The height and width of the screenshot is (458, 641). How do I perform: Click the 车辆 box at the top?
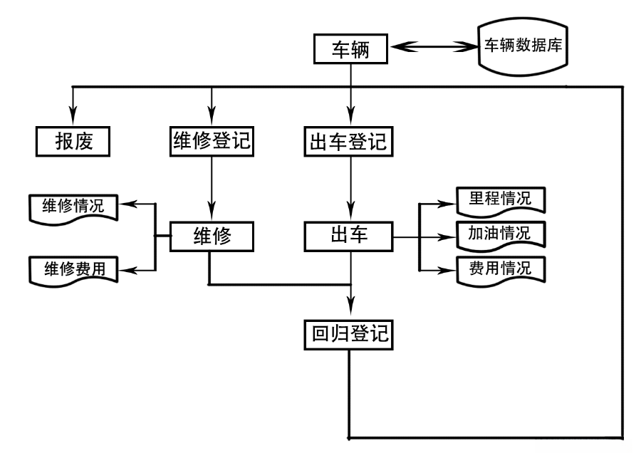point(350,48)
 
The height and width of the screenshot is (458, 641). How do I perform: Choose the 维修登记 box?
point(211,140)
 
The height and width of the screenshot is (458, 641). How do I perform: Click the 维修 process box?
point(212,236)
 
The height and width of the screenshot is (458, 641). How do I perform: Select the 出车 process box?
point(349,236)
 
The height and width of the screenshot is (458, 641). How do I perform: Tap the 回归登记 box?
point(348,333)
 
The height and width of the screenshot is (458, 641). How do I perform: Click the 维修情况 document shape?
point(73,207)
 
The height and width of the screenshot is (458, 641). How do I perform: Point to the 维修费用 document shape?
point(73,270)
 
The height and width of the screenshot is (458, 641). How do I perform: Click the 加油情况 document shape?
point(499,234)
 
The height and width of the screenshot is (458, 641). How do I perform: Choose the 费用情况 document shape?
point(499,269)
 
